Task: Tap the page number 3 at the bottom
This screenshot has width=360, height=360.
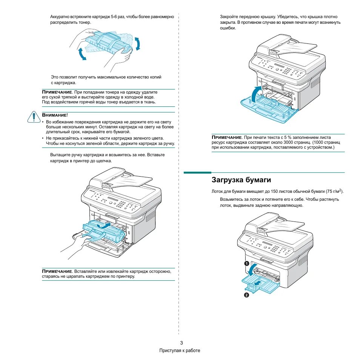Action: [181, 343]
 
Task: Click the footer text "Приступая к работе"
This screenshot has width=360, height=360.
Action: [180, 351]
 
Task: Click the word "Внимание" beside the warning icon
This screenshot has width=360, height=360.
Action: [54, 115]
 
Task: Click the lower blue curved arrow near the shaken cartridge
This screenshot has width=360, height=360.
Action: [82, 54]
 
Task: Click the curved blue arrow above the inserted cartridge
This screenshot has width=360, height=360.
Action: [104, 225]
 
